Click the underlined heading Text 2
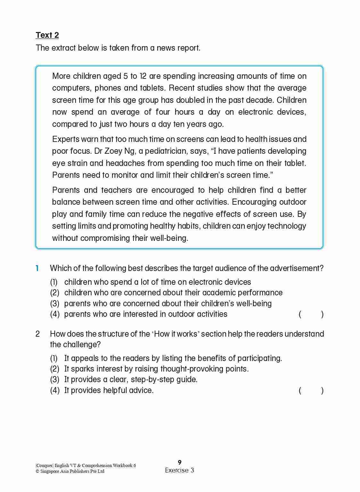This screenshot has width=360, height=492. [47, 35]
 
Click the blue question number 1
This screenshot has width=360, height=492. [37, 268]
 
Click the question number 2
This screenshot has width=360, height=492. [37, 334]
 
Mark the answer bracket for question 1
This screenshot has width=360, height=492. [311, 314]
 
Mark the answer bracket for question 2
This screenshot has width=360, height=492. [311, 390]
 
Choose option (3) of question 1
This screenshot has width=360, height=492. [168, 303]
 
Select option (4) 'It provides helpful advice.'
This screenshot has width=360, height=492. [109, 390]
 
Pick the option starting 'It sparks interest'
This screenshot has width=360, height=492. [156, 369]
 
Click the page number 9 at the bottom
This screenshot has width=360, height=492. [180, 462]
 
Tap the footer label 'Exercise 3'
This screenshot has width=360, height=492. [179, 470]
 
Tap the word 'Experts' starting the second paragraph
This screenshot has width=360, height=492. [65, 139]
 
